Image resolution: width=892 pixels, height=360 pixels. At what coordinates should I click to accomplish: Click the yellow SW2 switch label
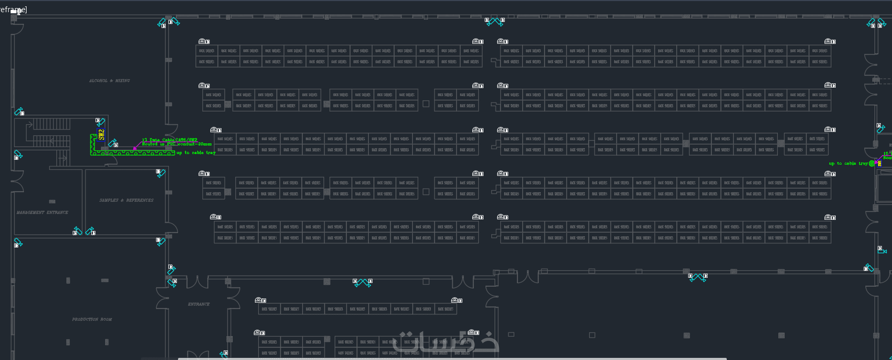[x=101, y=134]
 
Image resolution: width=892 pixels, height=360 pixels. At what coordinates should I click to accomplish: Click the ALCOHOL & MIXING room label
[x=109, y=81]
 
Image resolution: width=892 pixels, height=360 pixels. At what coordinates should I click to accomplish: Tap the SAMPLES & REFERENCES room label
[x=126, y=200]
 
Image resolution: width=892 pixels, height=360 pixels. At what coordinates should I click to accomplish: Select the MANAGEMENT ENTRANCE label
[x=43, y=212]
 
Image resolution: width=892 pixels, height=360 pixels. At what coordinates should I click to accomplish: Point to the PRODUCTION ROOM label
[x=92, y=320]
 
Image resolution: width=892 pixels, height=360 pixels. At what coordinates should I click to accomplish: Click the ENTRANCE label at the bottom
[x=199, y=304]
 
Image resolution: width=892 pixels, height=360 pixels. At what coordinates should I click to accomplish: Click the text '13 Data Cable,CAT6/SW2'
[x=169, y=140]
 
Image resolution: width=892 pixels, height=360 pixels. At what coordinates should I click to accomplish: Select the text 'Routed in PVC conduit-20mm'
[x=176, y=144]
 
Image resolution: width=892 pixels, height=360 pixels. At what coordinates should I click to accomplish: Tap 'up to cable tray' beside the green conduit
[x=196, y=152]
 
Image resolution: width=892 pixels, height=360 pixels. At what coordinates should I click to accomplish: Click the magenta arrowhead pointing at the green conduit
[x=135, y=149]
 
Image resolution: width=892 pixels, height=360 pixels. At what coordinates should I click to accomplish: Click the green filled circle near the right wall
[x=872, y=164]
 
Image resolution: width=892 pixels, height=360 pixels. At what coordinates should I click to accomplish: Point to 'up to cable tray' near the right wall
[x=848, y=164]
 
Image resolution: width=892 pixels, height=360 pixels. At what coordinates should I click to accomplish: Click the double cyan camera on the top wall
[x=495, y=21]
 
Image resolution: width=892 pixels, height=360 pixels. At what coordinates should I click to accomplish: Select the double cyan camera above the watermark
[x=362, y=282]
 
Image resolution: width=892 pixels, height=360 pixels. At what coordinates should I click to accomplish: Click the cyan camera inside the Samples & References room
[x=161, y=173]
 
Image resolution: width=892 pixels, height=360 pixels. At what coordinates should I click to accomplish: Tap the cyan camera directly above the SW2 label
[x=100, y=122]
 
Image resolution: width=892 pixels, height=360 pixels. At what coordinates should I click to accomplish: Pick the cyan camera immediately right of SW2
[x=113, y=143]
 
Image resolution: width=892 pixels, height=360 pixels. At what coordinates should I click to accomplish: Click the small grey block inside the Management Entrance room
[x=52, y=201]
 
